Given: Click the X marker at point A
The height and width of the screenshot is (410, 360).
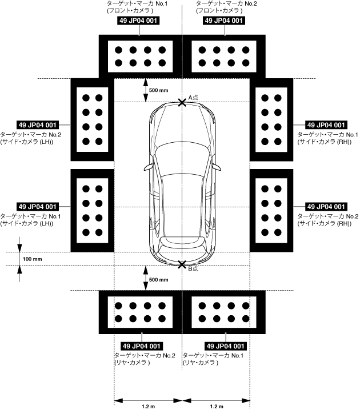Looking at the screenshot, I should pos(182,102).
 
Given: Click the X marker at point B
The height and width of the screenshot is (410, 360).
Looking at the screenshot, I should pos(182,265).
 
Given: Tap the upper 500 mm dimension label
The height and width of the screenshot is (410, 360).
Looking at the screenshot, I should pos(159,90).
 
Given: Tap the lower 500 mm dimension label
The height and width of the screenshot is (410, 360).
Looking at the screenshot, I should pos(159,280).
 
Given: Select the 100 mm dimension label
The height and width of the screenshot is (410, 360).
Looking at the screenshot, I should pos(33,259).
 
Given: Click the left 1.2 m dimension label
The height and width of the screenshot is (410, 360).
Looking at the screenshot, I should pos(148,406).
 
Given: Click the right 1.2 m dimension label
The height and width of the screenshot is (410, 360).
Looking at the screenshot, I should pos(216,406).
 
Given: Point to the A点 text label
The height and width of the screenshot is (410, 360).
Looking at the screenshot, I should pos(193,98).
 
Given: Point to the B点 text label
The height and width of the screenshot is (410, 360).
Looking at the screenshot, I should pos(193,268).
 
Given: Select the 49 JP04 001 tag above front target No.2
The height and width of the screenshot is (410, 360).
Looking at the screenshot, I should pos(225,21).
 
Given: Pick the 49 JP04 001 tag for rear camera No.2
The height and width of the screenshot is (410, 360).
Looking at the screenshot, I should pos(141,346).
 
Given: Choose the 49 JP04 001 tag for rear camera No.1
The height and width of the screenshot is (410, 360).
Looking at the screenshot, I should pos(225,346).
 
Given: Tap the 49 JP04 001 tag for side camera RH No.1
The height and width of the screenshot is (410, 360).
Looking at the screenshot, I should pos(326,124).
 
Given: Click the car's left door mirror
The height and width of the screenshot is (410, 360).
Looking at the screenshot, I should pos(149,167).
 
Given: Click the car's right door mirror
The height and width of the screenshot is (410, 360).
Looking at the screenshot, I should pos(215,167).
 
